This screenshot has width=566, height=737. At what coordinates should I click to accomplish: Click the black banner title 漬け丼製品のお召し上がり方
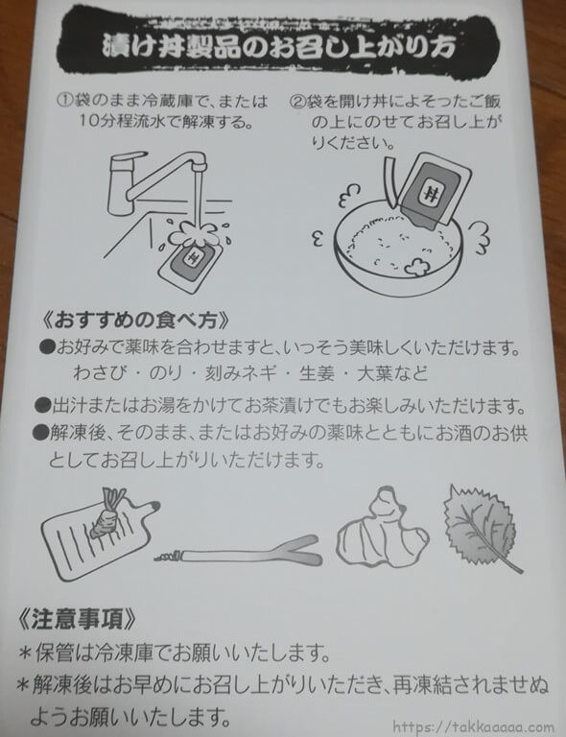(278, 47)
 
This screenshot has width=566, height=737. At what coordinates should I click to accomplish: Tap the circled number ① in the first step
(65, 101)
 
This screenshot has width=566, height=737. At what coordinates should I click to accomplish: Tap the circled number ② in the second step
(297, 102)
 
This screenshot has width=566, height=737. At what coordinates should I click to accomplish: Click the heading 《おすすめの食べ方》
(135, 321)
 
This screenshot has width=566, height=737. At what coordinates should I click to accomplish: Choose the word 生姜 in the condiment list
(317, 373)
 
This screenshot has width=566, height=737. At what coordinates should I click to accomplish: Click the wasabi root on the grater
(108, 514)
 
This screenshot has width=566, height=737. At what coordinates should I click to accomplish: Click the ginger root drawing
(382, 528)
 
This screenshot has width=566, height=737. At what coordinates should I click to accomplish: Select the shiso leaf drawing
(482, 527)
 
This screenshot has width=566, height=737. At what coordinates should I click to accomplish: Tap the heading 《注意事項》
(78, 620)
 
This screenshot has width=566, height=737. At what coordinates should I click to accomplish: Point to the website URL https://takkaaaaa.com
(473, 726)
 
